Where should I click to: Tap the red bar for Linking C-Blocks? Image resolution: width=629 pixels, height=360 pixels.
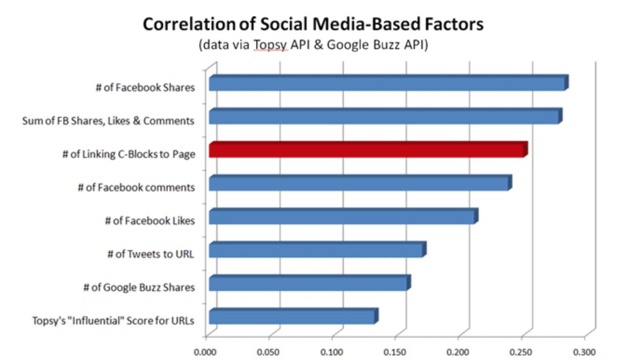tap(366, 150)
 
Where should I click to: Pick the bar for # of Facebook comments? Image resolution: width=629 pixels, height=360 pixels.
tap(359, 184)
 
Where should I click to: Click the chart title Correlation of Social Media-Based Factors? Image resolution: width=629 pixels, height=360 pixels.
tap(313, 25)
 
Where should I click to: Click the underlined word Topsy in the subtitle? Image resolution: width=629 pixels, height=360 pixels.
tap(270, 46)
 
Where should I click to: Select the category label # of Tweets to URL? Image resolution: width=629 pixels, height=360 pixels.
tap(150, 254)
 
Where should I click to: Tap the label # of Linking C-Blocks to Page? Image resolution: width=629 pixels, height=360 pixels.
tap(128, 155)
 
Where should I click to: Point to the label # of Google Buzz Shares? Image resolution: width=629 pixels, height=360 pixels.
tap(139, 287)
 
